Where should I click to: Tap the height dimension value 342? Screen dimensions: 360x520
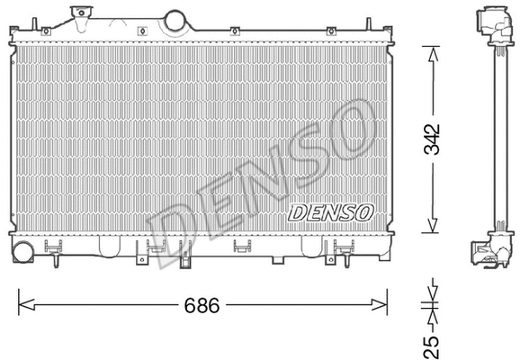pos(433,139)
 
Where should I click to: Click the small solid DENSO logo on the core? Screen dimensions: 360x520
pos(330,212)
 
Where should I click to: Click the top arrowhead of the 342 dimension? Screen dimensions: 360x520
pos(433,52)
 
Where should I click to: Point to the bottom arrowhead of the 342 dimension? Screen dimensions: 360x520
pos(433,229)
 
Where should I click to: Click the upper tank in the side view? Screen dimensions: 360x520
pos(492,24)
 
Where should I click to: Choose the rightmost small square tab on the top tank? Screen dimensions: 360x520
pos(331,31)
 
